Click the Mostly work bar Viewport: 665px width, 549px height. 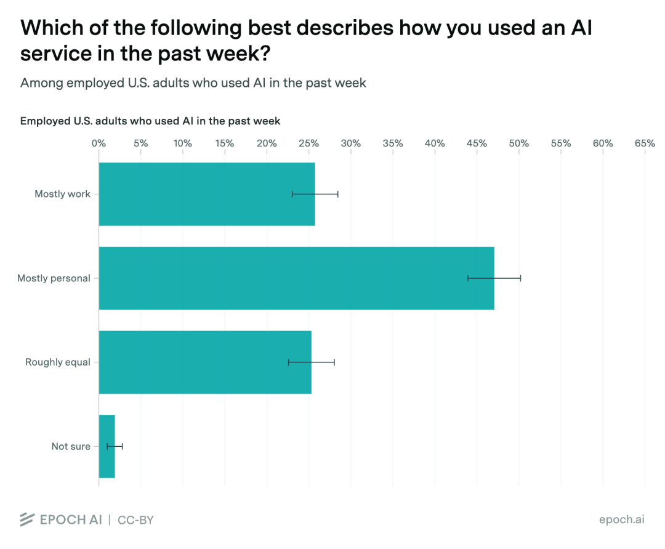[207, 194]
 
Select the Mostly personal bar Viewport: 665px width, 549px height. [296, 278]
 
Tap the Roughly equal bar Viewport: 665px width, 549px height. [205, 362]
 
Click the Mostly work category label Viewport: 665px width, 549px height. [62, 194]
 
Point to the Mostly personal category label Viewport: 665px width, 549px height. [54, 278]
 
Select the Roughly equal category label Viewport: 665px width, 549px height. [58, 362]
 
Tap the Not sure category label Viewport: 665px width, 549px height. [71, 446]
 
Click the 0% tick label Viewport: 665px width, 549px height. [99, 143]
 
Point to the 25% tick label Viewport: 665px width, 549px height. [308, 143]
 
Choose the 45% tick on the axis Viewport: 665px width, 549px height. [477, 143]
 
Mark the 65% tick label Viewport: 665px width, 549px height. [645, 143]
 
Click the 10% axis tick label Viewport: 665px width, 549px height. [183, 143]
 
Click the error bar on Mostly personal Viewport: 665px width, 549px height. [494, 278]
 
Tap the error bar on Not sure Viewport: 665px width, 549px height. [115, 446]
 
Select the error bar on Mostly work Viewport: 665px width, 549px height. [315, 194]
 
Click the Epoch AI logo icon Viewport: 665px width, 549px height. [27, 519]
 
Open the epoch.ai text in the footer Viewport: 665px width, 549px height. [622, 519]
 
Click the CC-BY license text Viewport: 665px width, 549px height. [135, 520]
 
